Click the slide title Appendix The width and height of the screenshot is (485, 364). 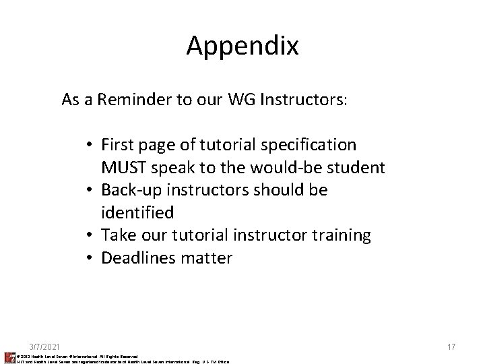pos(243,45)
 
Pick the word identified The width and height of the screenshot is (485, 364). pos(137,212)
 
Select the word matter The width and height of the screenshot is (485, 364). pos(207,258)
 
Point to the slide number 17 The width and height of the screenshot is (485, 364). pos(451,346)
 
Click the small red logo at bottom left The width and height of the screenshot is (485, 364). pos(9,357)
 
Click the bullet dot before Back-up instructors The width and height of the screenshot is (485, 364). pos(90,191)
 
